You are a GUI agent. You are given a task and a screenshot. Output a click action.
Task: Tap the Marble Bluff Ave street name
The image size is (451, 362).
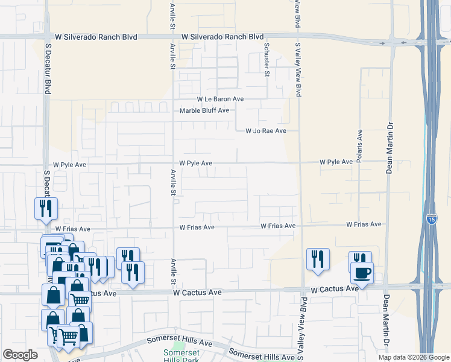pyautogui.click(x=204, y=110)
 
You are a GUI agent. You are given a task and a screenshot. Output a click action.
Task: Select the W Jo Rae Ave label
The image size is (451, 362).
pyautogui.click(x=265, y=131)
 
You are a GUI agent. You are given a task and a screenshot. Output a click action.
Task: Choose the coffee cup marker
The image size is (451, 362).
pyautogui.click(x=362, y=272)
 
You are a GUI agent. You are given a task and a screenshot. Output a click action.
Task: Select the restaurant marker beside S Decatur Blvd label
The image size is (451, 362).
pyautogui.click(x=46, y=208)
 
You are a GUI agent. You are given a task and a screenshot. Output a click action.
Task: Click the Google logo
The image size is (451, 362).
pyautogui.click(x=20, y=355)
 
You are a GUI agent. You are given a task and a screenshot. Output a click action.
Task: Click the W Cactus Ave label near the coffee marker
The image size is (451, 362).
pyautogui.click(x=335, y=290)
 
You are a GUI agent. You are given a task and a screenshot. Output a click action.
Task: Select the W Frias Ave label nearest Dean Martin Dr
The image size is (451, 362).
pyautogui.click(x=364, y=224)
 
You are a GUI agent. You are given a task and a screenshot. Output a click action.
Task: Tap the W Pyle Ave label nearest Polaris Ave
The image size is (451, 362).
pyautogui.click(x=336, y=162)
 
